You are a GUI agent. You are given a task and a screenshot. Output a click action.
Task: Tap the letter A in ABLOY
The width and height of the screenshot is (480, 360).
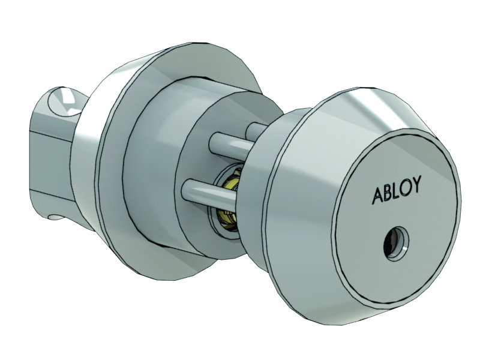pos(379,196)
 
